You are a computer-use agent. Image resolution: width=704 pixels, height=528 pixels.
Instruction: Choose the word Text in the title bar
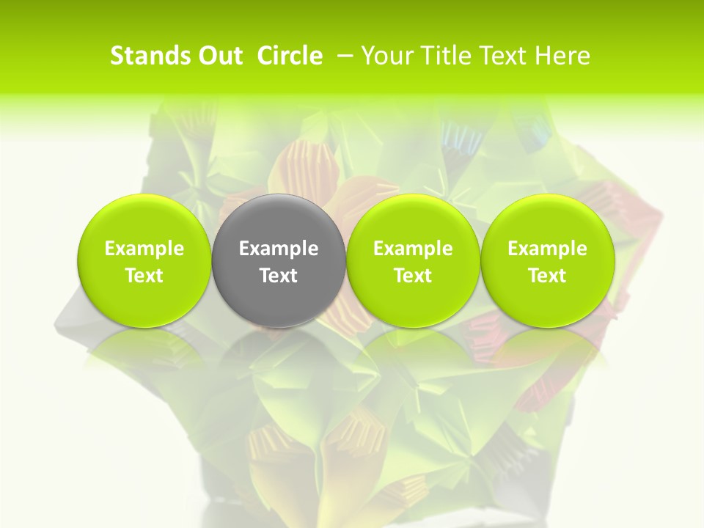point(505,56)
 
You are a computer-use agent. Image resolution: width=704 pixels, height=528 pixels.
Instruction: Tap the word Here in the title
point(564,56)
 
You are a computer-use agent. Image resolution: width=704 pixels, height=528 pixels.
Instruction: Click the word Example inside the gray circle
point(279,249)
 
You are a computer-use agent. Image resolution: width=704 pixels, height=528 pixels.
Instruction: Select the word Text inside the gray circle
point(279,276)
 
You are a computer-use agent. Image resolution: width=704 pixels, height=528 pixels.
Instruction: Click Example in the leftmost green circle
point(144,249)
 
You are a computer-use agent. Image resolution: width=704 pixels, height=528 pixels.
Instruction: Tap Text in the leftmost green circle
point(144,276)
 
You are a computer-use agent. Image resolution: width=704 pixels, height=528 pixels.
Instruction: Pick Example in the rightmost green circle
point(548,249)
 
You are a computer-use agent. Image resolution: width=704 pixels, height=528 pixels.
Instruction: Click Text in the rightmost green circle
point(548,276)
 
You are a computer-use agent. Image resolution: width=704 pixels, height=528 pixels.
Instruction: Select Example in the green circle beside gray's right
point(413,249)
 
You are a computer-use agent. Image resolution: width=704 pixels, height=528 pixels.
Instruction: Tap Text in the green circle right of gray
point(413,276)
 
